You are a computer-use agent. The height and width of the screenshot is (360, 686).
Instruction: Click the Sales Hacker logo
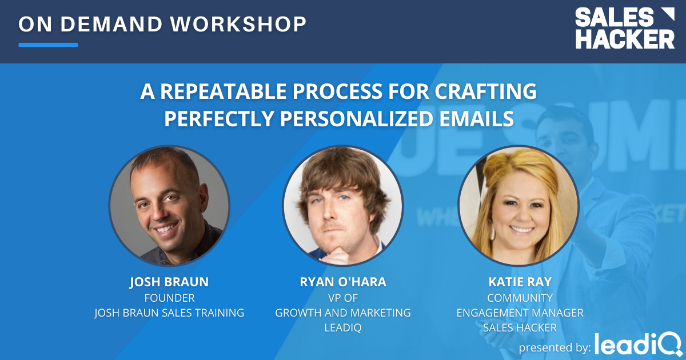(624, 28)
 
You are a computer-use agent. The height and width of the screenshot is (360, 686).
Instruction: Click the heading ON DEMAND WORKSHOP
(162, 24)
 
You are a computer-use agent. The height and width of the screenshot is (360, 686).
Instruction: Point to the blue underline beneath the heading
(48, 45)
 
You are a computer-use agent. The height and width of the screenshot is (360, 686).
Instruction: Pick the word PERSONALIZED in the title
(353, 118)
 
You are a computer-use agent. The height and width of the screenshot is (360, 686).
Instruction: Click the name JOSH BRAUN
(169, 282)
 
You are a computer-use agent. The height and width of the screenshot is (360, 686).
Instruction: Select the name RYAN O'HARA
(342, 282)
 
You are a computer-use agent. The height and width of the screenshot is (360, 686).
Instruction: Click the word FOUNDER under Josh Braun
(169, 298)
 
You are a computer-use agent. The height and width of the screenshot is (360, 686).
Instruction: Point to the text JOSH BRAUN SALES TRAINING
(169, 313)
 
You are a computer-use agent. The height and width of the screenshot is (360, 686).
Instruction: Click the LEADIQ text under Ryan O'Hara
(342, 327)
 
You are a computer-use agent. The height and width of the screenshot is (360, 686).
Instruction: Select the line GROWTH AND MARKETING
(342, 313)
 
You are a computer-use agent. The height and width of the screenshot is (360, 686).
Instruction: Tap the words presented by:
(553, 347)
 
